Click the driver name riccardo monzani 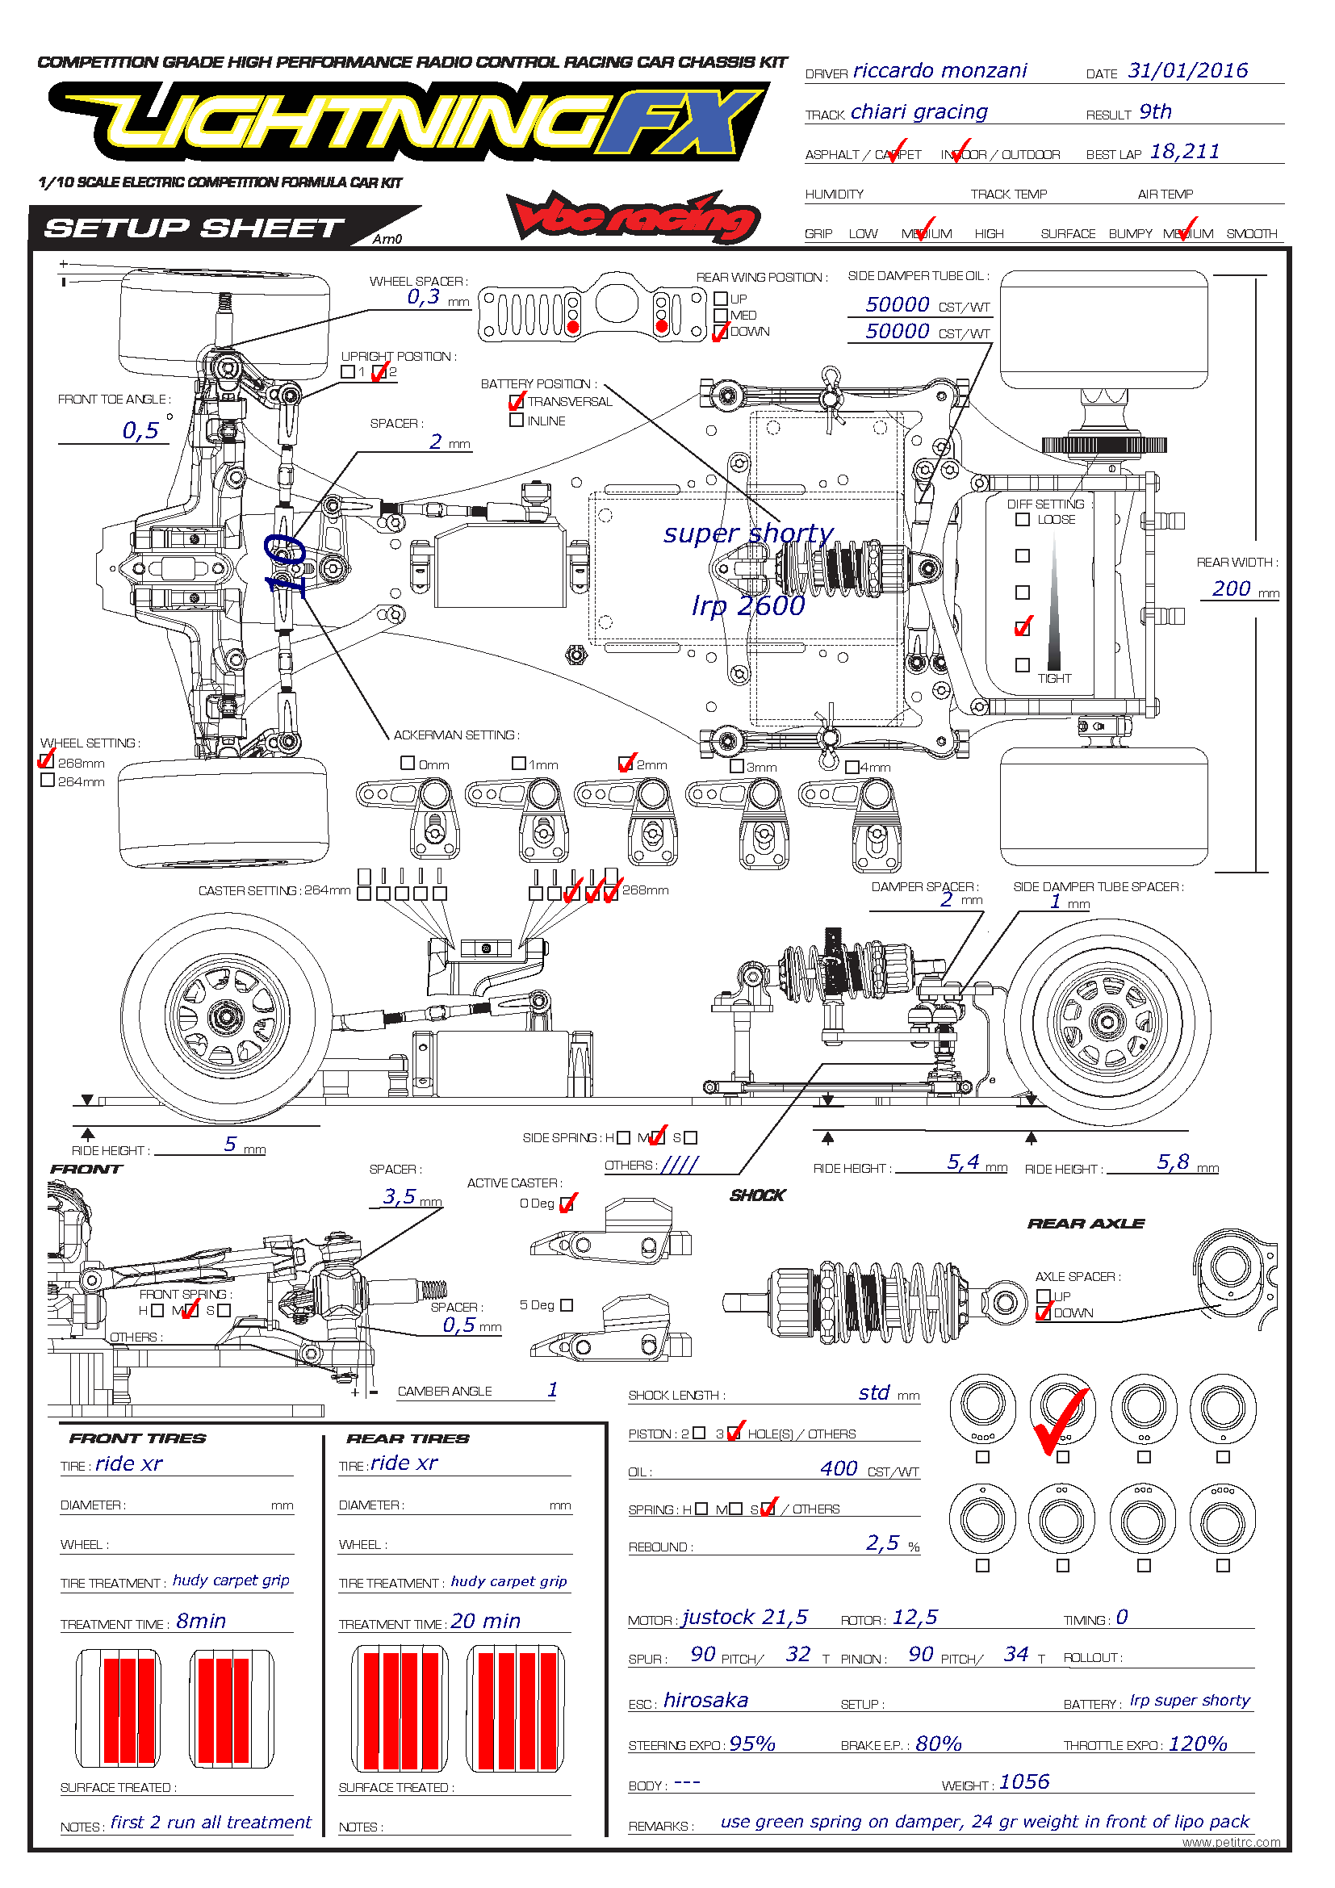pos(939,71)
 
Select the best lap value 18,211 pos(1184,151)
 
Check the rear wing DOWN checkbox pos(721,333)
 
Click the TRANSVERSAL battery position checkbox pos(517,401)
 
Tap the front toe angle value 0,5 pos(140,430)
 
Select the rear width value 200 pos(1231,588)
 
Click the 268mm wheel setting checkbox pos(48,761)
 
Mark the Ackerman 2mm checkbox pos(626,763)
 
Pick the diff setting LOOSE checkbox pos(1022,520)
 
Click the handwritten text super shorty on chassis pos(748,534)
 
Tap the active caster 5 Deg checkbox pos(567,1305)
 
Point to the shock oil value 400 pos(839,1469)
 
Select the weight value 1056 pos(1024,1782)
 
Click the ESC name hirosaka pos(705,1701)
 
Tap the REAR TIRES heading pos(408,1438)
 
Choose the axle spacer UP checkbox pos(1043,1296)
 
